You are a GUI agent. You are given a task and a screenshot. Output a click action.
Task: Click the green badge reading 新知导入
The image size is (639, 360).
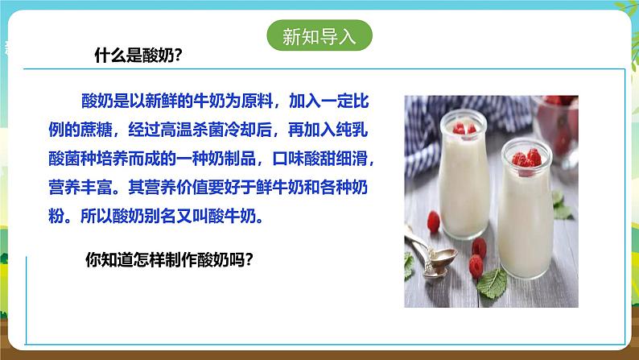click(319, 35)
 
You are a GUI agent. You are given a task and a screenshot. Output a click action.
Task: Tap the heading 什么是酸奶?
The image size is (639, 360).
click(138, 55)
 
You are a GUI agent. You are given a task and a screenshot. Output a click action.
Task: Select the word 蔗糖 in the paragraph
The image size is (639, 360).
click(97, 130)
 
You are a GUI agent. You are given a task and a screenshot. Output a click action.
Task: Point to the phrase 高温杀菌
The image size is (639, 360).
click(192, 130)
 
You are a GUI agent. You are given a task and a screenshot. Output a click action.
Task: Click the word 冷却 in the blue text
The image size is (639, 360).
click(240, 130)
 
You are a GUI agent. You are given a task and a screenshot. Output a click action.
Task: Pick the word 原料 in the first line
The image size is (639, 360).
click(257, 101)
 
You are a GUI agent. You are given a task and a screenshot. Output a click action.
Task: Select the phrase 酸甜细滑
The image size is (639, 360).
click(336, 158)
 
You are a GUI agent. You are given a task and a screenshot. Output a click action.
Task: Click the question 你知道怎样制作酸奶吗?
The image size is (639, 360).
click(169, 259)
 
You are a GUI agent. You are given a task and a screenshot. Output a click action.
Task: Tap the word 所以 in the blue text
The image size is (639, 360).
click(97, 216)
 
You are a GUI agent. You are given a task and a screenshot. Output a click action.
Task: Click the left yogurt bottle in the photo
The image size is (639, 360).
click(464, 175)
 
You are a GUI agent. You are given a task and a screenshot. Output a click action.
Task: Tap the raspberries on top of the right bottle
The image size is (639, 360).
click(527, 159)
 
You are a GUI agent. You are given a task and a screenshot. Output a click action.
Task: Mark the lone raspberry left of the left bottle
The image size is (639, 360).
click(434, 221)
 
